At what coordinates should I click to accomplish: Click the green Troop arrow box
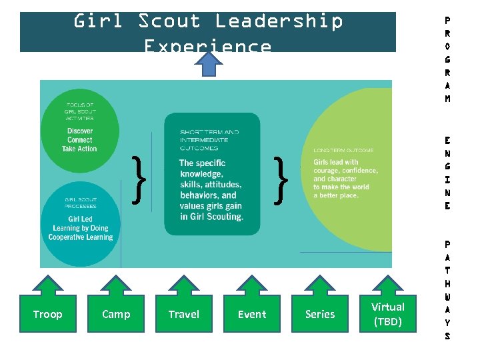47,314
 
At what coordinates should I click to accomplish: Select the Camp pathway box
116,314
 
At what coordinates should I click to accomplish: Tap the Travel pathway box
184,314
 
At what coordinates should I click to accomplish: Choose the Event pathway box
252,314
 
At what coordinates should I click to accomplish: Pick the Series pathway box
320,314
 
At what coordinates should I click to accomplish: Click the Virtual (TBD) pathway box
388,314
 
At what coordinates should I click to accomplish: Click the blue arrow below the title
211,65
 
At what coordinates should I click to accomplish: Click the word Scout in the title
169,21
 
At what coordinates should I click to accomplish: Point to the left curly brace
139,179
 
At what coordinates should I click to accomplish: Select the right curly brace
282,179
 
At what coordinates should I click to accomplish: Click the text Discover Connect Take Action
79,140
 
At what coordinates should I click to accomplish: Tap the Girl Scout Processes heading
81,201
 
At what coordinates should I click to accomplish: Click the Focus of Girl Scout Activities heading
80,111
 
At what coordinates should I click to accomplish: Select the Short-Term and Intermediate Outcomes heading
209,140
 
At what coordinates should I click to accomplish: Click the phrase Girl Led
81,219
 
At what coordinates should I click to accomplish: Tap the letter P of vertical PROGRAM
447,21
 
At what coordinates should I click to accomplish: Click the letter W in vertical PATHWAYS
447,297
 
